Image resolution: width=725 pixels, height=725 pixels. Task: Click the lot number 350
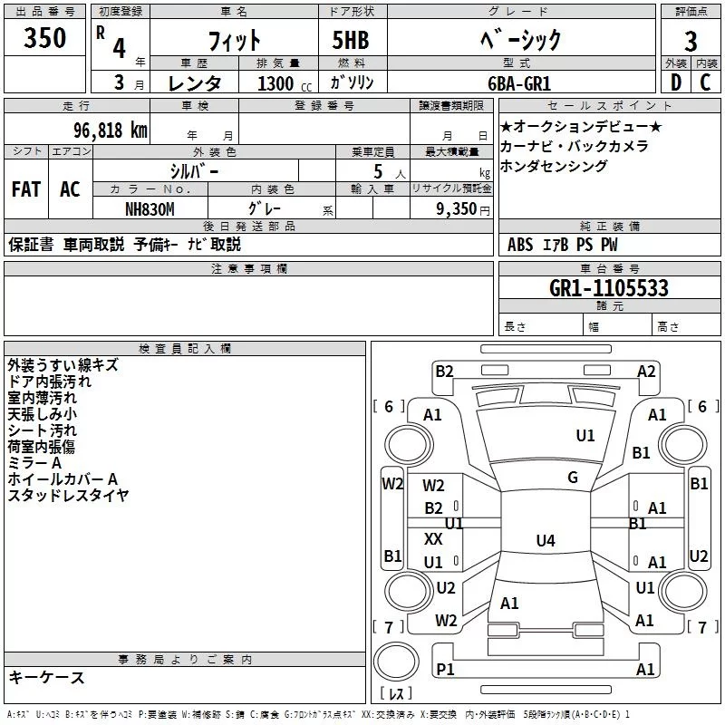(x=45, y=39)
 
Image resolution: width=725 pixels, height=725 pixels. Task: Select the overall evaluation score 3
(x=691, y=41)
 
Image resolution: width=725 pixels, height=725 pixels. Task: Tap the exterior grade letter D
(x=675, y=82)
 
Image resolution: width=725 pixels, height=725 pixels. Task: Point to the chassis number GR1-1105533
(x=609, y=288)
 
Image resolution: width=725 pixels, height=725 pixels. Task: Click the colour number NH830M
(x=150, y=208)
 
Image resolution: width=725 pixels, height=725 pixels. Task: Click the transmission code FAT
(x=25, y=189)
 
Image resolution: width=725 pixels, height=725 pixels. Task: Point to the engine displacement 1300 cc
(x=282, y=83)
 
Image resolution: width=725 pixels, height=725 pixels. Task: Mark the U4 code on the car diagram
(x=545, y=541)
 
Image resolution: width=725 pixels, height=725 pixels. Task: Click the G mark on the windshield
(x=572, y=478)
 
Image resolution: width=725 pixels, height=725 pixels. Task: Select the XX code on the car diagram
(x=434, y=538)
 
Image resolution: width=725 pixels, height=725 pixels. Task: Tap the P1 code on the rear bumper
(x=444, y=669)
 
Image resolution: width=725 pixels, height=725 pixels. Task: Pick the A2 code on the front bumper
(x=646, y=371)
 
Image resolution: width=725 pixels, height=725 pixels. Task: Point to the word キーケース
(x=46, y=677)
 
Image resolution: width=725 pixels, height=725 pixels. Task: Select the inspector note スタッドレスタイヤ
(x=68, y=495)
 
